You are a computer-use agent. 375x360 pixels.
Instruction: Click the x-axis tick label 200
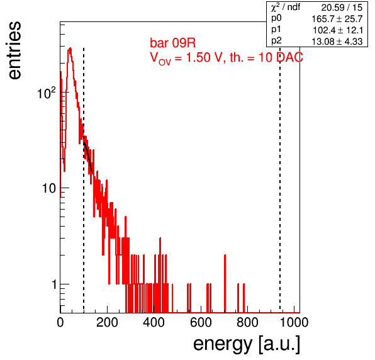click(107, 322)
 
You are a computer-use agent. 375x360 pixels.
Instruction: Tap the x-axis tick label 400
click(154, 322)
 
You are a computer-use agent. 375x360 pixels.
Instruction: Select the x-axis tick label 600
click(201, 322)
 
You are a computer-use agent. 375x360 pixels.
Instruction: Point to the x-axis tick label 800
click(247, 322)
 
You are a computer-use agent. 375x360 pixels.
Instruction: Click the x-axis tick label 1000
click(294, 322)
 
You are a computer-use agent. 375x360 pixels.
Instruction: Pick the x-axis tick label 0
click(60, 322)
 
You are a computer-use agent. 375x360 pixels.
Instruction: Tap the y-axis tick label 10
click(49, 188)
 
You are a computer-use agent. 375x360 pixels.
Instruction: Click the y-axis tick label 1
click(54, 284)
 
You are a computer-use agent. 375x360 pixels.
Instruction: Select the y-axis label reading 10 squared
click(47, 93)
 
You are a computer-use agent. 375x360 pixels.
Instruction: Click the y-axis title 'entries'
click(14, 50)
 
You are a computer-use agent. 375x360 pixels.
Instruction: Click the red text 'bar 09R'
click(172, 43)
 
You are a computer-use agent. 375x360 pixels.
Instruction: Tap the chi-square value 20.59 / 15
click(342, 8)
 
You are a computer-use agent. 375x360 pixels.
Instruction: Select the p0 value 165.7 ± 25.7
click(337, 19)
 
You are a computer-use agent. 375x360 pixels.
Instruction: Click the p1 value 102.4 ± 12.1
click(338, 30)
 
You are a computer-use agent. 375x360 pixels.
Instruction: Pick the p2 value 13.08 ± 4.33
click(337, 42)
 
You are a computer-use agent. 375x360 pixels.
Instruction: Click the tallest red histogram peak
click(70, 48)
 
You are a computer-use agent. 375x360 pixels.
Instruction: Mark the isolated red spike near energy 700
click(225, 283)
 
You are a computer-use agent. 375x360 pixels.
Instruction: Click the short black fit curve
click(87, 157)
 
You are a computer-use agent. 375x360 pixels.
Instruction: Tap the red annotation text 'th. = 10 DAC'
click(266, 57)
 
